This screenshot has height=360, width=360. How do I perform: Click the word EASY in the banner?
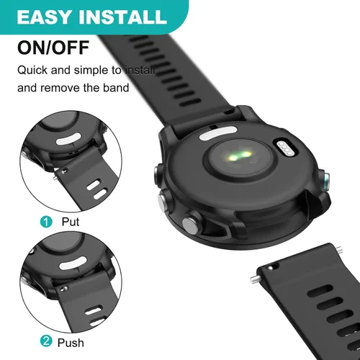point(44,16)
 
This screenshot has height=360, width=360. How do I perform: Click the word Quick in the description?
point(33,71)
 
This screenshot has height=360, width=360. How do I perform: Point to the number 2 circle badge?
point(46,342)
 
